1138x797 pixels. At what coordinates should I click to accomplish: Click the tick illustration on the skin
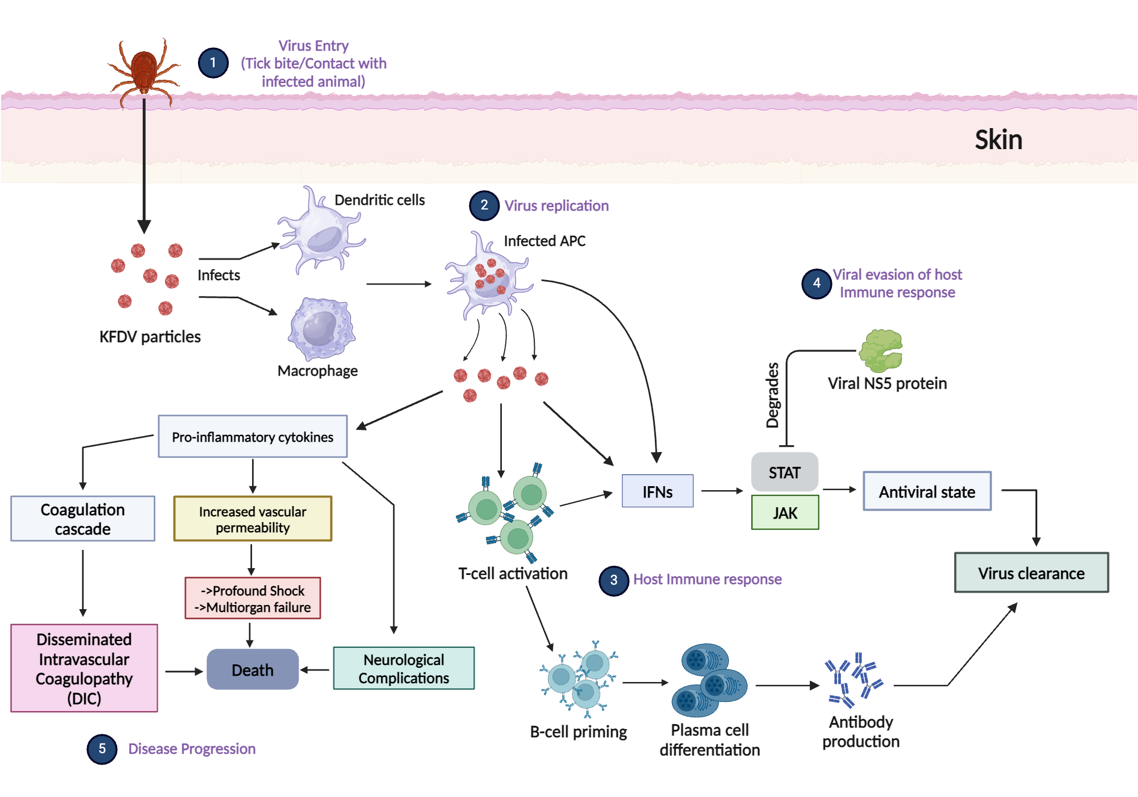144,71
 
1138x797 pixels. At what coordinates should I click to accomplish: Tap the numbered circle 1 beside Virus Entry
213,63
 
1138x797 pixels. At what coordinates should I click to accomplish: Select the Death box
253,669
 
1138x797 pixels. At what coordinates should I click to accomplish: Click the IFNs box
657,491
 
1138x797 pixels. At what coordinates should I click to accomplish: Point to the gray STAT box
785,472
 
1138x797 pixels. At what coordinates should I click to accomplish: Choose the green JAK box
785,512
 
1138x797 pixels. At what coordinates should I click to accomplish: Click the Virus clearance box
1031,572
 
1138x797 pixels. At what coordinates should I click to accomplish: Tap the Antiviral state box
927,491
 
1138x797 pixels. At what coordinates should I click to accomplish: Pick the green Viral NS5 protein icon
880,350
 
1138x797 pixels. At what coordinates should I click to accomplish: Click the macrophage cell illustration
321,328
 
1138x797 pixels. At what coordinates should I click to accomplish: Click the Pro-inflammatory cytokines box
253,436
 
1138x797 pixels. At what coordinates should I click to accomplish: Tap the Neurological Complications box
403,668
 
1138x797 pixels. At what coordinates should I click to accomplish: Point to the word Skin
998,139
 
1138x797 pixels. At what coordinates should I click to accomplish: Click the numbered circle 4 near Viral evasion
817,283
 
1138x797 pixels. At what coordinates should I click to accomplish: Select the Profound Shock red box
253,598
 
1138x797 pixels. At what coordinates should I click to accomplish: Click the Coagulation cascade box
83,519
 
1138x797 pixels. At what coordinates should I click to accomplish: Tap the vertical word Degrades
772,395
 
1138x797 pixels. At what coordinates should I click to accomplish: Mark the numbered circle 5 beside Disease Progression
102,749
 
